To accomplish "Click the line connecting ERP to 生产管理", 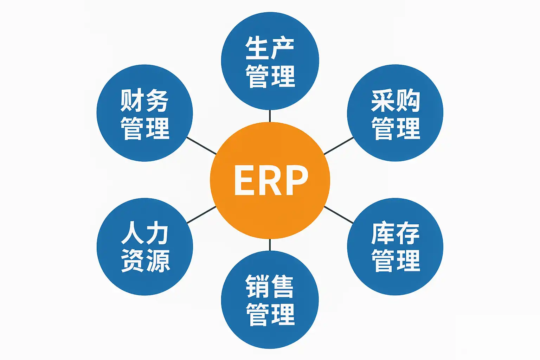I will (x=270, y=116).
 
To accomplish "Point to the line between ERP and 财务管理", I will (x=201, y=146).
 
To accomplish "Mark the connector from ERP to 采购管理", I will (x=339, y=146).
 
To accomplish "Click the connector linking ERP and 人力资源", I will (x=201, y=214).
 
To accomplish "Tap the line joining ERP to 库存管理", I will (x=339, y=214).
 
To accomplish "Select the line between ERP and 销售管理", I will (x=270, y=245).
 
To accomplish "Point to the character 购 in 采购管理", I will (x=408, y=101).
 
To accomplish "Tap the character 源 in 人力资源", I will (x=158, y=261).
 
